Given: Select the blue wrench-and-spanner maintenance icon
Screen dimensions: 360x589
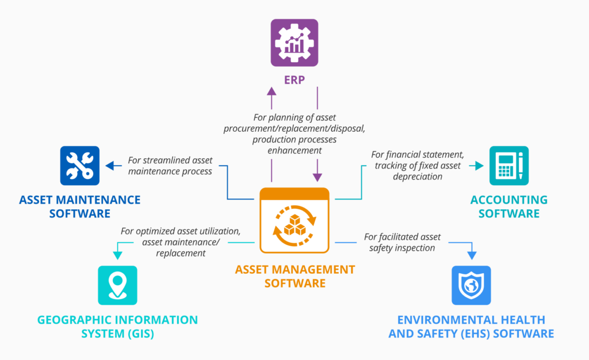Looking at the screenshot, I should pyautogui.click(x=80, y=166).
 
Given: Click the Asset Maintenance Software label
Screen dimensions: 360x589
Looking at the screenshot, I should pyautogui.click(x=80, y=206).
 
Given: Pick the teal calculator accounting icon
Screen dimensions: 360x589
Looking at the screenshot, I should pyautogui.click(x=508, y=166).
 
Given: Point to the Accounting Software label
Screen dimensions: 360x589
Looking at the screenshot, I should pyautogui.click(x=508, y=206).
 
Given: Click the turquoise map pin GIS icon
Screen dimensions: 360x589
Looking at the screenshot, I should pyautogui.click(x=118, y=285).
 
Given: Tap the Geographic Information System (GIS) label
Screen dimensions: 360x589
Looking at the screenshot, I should pyautogui.click(x=118, y=326).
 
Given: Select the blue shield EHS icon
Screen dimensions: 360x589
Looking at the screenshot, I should pyautogui.click(x=471, y=285).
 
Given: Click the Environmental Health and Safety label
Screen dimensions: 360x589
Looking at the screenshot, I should pyautogui.click(x=471, y=326).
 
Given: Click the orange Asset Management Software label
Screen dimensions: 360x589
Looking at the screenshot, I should pyautogui.click(x=294, y=275).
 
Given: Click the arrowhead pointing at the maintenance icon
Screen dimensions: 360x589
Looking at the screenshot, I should pyautogui.click(x=109, y=166).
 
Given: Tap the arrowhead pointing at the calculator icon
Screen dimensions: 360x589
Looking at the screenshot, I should pyautogui.click(x=479, y=166).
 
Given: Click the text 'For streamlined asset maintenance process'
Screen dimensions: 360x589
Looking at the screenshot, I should pyautogui.click(x=170, y=166).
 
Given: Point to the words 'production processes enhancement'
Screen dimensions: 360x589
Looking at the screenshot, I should pyautogui.click(x=294, y=144).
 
